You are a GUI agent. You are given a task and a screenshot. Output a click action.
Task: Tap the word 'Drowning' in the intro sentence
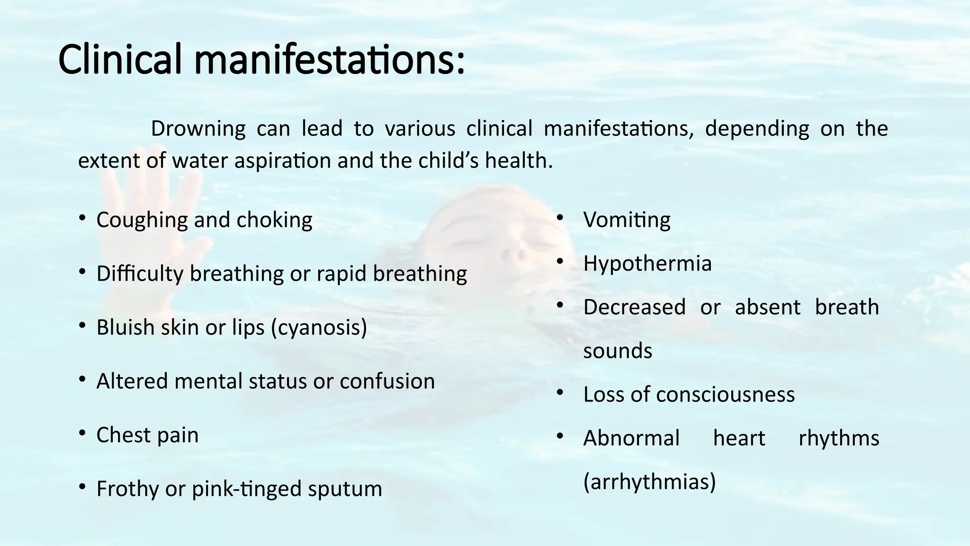(x=198, y=129)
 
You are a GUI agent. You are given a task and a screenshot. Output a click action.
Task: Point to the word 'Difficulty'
(x=139, y=274)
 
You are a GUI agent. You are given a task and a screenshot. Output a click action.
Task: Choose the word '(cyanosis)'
(x=319, y=328)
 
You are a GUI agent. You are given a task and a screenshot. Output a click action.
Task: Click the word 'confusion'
(x=387, y=381)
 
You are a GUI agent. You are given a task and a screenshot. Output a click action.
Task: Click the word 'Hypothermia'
(x=647, y=264)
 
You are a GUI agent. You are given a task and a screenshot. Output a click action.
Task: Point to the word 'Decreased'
(x=634, y=307)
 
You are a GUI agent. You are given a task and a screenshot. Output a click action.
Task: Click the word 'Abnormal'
(x=631, y=438)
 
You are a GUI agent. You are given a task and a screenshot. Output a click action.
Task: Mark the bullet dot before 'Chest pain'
(x=82, y=433)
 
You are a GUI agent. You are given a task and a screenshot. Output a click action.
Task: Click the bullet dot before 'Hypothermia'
(x=560, y=261)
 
